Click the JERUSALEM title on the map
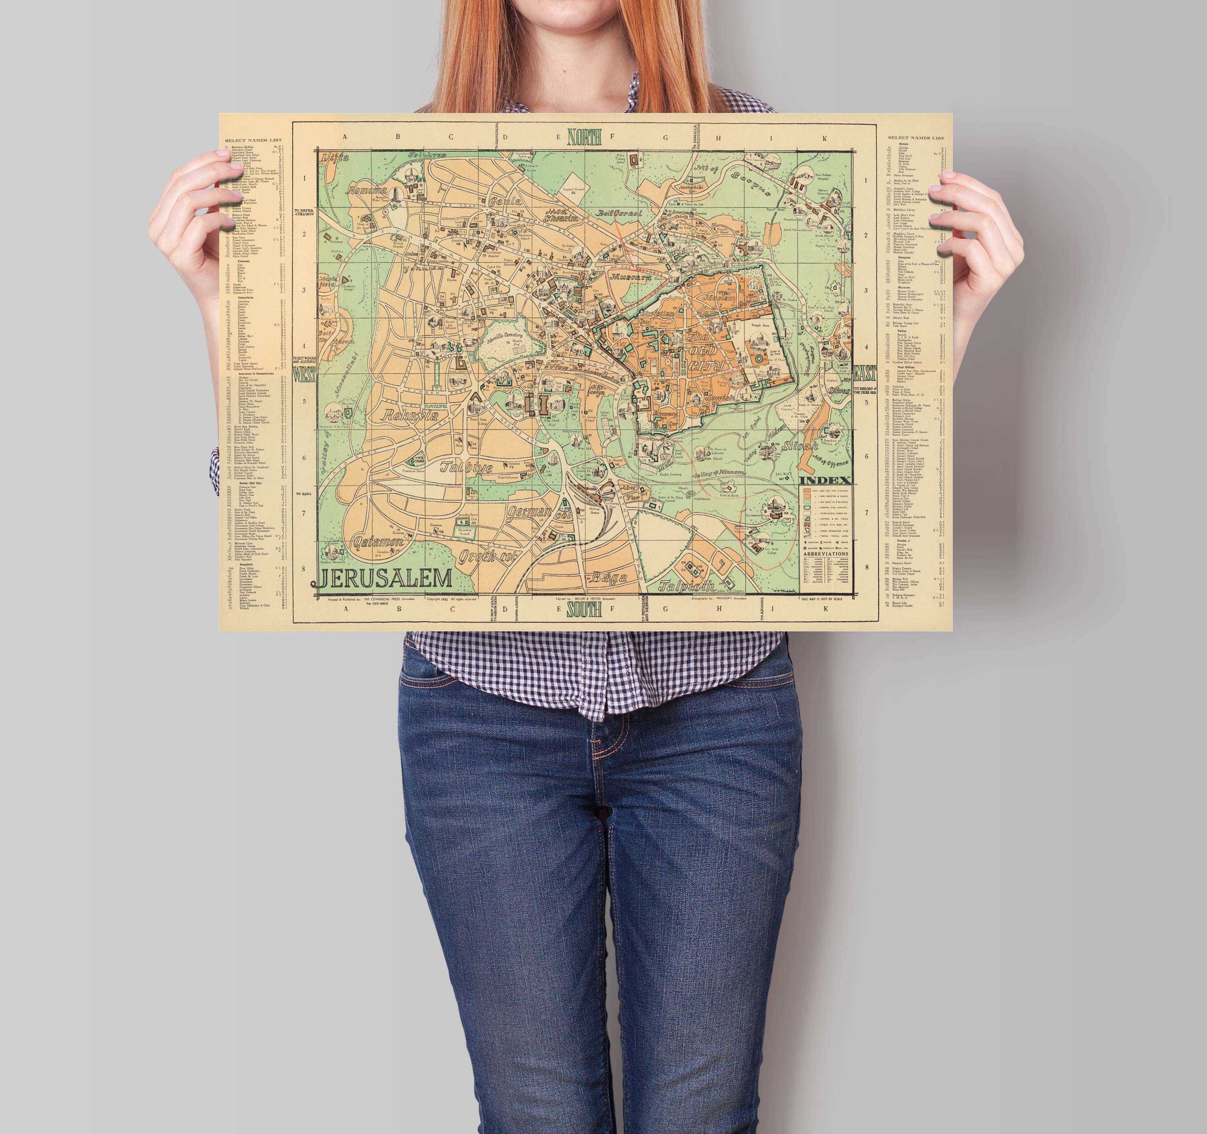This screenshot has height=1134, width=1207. coord(384,579)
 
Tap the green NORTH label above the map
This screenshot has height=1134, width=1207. coord(584,137)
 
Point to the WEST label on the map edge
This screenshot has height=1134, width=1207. coord(304,375)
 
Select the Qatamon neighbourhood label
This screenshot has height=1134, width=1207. coord(378,542)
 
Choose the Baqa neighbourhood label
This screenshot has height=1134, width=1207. coord(609,577)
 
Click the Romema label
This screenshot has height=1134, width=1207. coord(367,190)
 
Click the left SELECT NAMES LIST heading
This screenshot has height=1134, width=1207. coord(253,140)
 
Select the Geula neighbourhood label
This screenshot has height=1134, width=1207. coord(505,201)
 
